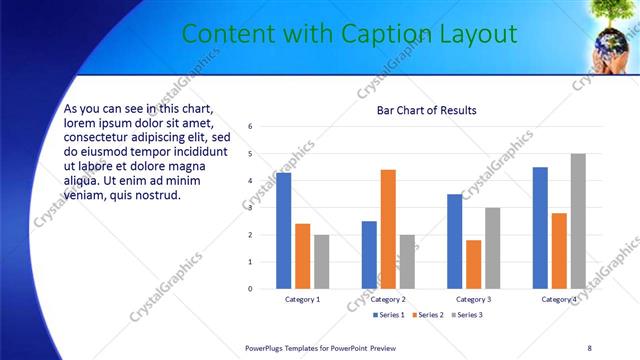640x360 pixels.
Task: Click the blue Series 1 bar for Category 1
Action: [284, 230]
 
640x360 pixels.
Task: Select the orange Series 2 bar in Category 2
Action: [388, 229]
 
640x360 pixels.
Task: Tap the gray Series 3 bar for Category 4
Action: [578, 221]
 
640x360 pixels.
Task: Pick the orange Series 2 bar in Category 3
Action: [473, 264]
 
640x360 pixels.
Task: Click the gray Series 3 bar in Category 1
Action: [321, 261]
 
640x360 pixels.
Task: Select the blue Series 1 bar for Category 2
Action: [369, 254]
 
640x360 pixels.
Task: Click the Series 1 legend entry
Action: [389, 315]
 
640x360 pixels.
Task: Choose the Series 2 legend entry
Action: [428, 315]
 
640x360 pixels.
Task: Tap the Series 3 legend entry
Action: [467, 315]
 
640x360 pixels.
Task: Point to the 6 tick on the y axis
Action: [250, 126]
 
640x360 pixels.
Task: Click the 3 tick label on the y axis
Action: [250, 208]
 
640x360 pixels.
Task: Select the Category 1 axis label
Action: [303, 299]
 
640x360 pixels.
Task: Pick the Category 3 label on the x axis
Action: [473, 299]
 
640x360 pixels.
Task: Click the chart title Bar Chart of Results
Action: [426, 110]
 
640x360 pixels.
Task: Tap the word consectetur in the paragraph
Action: [99, 137]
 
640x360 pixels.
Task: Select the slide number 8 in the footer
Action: [589, 348]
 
